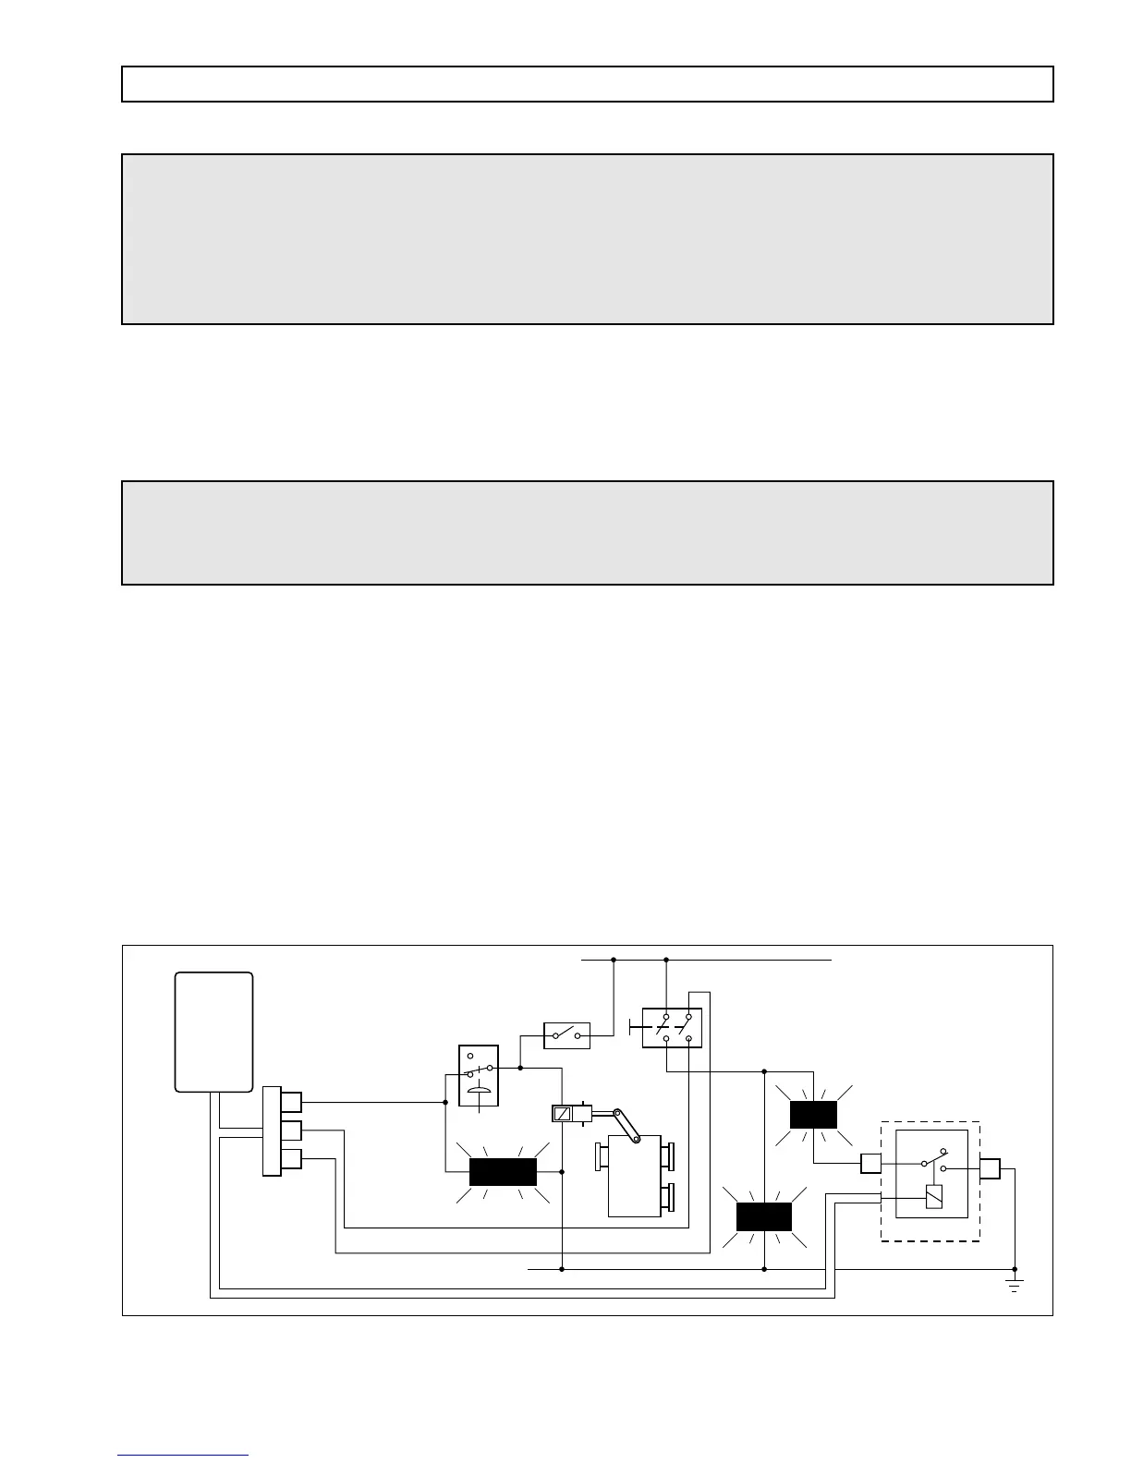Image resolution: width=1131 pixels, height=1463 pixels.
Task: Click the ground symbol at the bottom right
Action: click(x=1015, y=1285)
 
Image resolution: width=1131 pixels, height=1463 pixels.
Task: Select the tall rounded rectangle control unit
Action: click(x=214, y=1032)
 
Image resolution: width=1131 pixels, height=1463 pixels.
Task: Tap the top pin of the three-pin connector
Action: click(x=291, y=1102)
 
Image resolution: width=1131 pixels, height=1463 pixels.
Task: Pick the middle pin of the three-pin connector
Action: click(x=291, y=1130)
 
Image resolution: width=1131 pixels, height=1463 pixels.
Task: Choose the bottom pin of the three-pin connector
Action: click(x=291, y=1159)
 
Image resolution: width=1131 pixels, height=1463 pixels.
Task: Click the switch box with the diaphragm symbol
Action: click(x=479, y=1075)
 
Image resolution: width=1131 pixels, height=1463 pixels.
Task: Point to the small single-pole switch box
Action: click(x=566, y=1035)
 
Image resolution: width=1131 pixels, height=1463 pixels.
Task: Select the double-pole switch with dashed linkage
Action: click(x=672, y=1028)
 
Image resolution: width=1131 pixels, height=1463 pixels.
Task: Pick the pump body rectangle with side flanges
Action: click(x=635, y=1176)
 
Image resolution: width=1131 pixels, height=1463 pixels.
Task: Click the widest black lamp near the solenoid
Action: click(x=503, y=1171)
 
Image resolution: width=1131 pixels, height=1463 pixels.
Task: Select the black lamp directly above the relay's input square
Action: click(x=813, y=1115)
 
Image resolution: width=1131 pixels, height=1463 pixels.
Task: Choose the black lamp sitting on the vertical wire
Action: click(x=764, y=1217)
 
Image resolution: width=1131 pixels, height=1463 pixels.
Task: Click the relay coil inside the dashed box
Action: click(x=933, y=1197)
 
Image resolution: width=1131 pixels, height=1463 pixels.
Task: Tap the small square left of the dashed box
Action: click(x=870, y=1163)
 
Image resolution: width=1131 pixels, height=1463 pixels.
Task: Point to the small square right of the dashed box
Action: click(x=990, y=1169)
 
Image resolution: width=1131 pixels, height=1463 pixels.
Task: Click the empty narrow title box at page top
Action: click(x=588, y=84)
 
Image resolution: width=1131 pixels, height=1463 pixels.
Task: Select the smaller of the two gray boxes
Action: click(x=588, y=533)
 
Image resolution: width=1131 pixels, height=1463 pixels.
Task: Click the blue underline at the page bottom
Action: click(x=183, y=1456)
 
